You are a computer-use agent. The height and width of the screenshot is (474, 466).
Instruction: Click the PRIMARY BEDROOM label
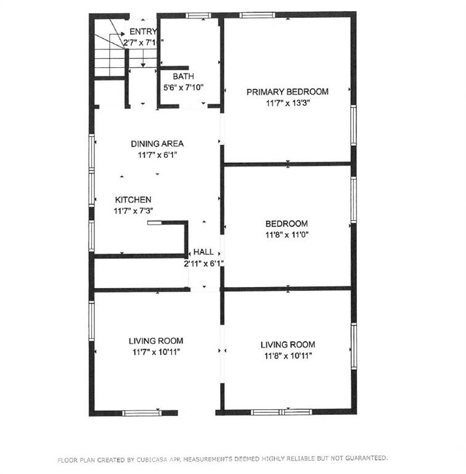287,91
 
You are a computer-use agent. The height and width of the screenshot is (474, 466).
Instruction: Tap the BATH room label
183,76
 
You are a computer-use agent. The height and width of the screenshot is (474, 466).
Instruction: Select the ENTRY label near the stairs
143,31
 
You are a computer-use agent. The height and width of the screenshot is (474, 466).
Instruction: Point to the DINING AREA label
157,144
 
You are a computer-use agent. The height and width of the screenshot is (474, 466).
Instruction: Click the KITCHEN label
133,199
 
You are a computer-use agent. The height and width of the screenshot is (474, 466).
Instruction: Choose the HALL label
203,252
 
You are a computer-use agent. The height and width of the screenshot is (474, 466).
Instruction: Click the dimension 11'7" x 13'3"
288,103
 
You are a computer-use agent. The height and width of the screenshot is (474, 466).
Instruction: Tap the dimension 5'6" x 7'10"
183,88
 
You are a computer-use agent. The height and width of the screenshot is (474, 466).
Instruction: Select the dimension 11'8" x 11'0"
287,235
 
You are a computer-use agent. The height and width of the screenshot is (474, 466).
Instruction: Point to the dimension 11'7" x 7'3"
133,211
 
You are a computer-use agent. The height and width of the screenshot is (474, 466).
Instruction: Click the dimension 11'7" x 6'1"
157,155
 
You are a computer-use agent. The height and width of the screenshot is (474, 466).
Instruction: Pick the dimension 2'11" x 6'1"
204,264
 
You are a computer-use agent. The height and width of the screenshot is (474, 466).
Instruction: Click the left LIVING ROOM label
156,341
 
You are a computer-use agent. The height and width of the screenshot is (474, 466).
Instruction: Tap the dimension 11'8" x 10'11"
288,355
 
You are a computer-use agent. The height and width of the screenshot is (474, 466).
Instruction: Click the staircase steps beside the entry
110,62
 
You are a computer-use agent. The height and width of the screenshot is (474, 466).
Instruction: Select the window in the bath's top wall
198,15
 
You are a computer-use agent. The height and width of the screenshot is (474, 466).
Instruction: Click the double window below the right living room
282,412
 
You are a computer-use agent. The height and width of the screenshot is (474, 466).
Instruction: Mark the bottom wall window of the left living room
142,413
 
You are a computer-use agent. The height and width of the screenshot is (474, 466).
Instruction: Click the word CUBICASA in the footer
152,459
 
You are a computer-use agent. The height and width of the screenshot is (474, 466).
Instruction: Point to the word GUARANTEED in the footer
366,458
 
